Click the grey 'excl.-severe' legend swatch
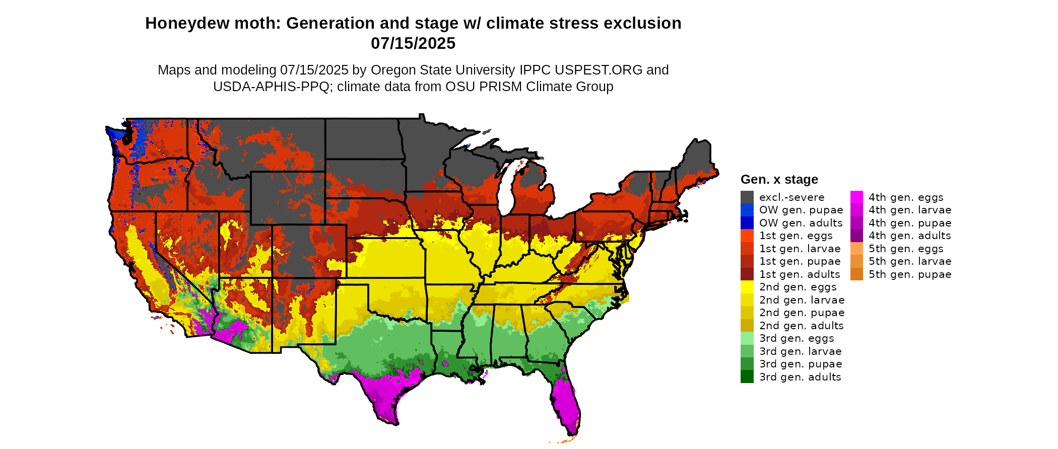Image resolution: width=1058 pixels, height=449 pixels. tap(747, 197)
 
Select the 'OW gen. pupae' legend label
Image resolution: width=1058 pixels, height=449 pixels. tap(801, 210)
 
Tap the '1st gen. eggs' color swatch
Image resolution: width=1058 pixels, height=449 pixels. tap(747, 236)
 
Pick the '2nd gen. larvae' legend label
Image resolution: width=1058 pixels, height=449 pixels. tap(802, 300)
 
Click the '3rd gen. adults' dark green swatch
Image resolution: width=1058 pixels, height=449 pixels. tap(747, 377)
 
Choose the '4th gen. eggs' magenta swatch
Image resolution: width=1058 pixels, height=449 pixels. tap(856, 197)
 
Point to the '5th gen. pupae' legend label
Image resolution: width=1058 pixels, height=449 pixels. tap(910, 274)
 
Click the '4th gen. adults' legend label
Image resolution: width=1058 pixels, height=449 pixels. tap(909, 236)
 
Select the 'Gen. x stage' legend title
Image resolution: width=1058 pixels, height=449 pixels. tap(779, 180)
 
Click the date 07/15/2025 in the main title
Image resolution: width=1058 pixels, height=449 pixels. tap(413, 43)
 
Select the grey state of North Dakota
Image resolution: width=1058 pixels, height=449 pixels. tap(363, 138)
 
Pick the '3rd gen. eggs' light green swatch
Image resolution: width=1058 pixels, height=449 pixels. tap(747, 338)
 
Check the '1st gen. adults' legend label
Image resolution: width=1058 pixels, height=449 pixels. tap(800, 274)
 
